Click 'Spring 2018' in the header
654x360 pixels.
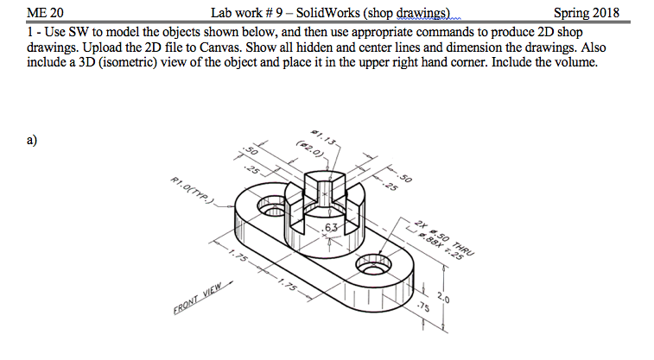pos(593,13)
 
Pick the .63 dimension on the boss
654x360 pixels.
pos(331,228)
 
